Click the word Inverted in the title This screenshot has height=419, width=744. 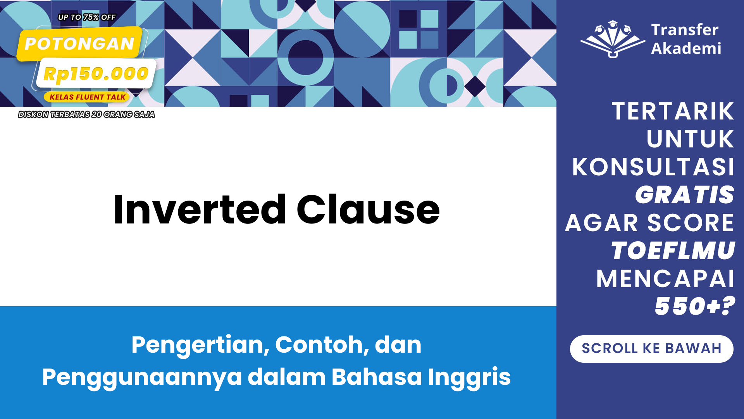coord(200,209)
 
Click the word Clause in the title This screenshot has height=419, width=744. coord(368,209)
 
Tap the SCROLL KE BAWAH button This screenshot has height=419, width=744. coord(651,349)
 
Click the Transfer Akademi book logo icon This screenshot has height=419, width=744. coord(612,39)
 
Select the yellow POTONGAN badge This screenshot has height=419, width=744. coord(79,44)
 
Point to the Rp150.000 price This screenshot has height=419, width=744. coord(96,73)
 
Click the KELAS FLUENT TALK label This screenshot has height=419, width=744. coord(87,97)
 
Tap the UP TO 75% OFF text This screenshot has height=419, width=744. coord(87,17)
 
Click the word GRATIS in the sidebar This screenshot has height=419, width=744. coord(685,195)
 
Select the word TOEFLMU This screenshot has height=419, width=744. coord(673,251)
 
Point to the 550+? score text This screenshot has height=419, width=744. coord(695,306)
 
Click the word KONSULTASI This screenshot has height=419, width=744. coord(653,167)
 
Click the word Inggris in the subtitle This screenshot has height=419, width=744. coord(469,377)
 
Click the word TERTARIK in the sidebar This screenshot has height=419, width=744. coord(673,111)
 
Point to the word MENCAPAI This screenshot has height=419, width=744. coord(665,279)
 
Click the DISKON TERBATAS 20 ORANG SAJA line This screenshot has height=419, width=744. coord(86,114)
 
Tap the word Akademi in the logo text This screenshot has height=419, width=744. coord(686,48)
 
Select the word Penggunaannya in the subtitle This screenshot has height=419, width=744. coord(142,377)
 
